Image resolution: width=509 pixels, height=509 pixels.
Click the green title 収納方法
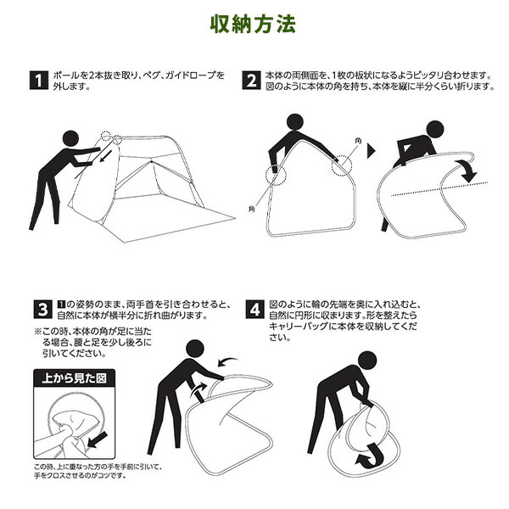[253, 24]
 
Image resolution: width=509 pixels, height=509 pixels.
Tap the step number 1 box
[39, 81]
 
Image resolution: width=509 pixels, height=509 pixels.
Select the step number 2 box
[251, 81]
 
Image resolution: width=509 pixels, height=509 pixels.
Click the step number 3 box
[42, 310]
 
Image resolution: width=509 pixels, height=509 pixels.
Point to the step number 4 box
[255, 310]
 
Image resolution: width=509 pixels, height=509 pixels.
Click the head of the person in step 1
[70, 139]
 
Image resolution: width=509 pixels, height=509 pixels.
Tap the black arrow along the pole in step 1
[105, 155]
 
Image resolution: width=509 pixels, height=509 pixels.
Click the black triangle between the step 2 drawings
[371, 151]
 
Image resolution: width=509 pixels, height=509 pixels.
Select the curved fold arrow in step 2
[467, 170]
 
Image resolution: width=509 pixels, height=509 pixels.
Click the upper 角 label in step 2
[358, 141]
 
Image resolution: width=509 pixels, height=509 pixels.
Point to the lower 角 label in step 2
[252, 209]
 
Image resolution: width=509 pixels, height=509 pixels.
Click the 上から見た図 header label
[75, 378]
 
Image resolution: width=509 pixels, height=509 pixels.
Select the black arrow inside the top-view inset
[97, 440]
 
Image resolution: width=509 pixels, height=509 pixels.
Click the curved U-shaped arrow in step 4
[370, 457]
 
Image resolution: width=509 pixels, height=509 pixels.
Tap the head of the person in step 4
[367, 361]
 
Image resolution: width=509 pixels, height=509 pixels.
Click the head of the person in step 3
[195, 349]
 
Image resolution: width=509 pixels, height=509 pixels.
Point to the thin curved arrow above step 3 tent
[227, 361]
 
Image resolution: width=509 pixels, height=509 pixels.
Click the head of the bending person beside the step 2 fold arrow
[435, 130]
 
